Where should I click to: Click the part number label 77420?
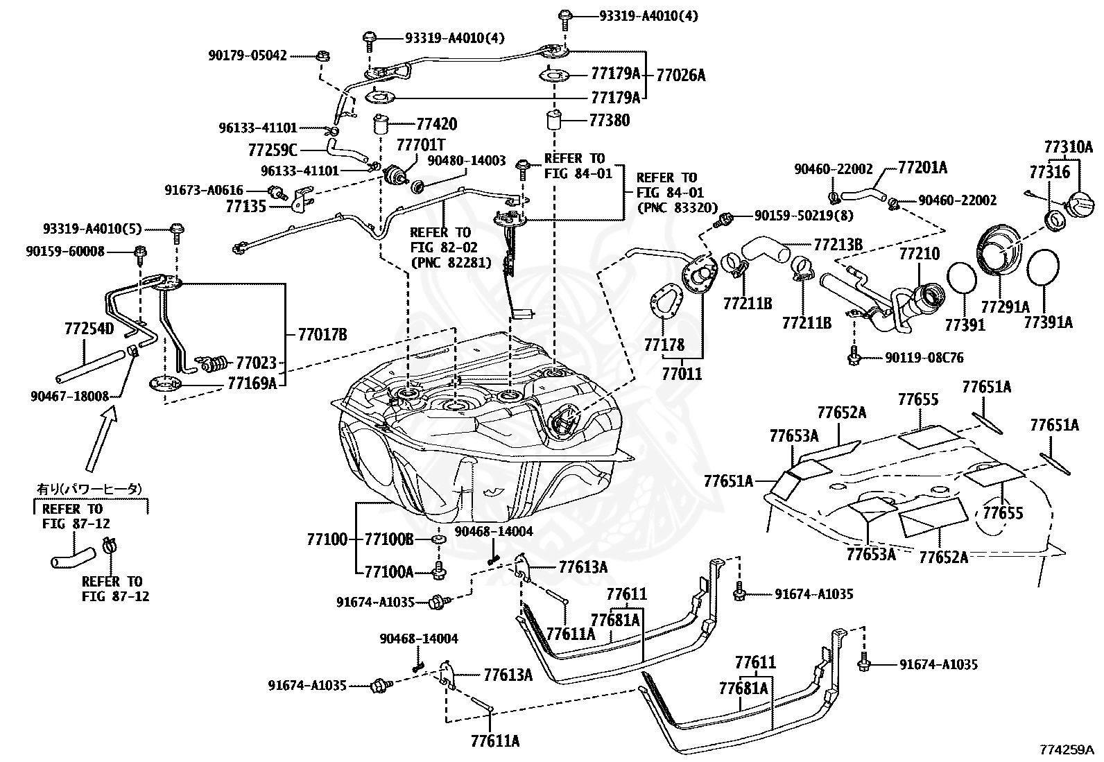(437, 123)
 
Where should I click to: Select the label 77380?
(609, 120)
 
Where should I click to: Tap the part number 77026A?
(680, 76)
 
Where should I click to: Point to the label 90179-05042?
(248, 55)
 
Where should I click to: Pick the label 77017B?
(322, 335)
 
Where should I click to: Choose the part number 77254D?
(89, 329)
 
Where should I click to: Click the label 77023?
(257, 363)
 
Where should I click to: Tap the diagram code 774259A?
(1067, 750)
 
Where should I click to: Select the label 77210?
(919, 254)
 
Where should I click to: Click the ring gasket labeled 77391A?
(1042, 267)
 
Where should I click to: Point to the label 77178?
(664, 345)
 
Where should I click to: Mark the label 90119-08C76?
(924, 358)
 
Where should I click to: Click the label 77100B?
(389, 539)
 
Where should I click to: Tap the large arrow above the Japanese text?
(102, 438)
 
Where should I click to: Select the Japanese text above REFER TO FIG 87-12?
(89, 489)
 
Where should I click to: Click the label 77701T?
(421, 145)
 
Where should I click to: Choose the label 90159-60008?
(65, 252)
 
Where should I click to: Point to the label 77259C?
(273, 150)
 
